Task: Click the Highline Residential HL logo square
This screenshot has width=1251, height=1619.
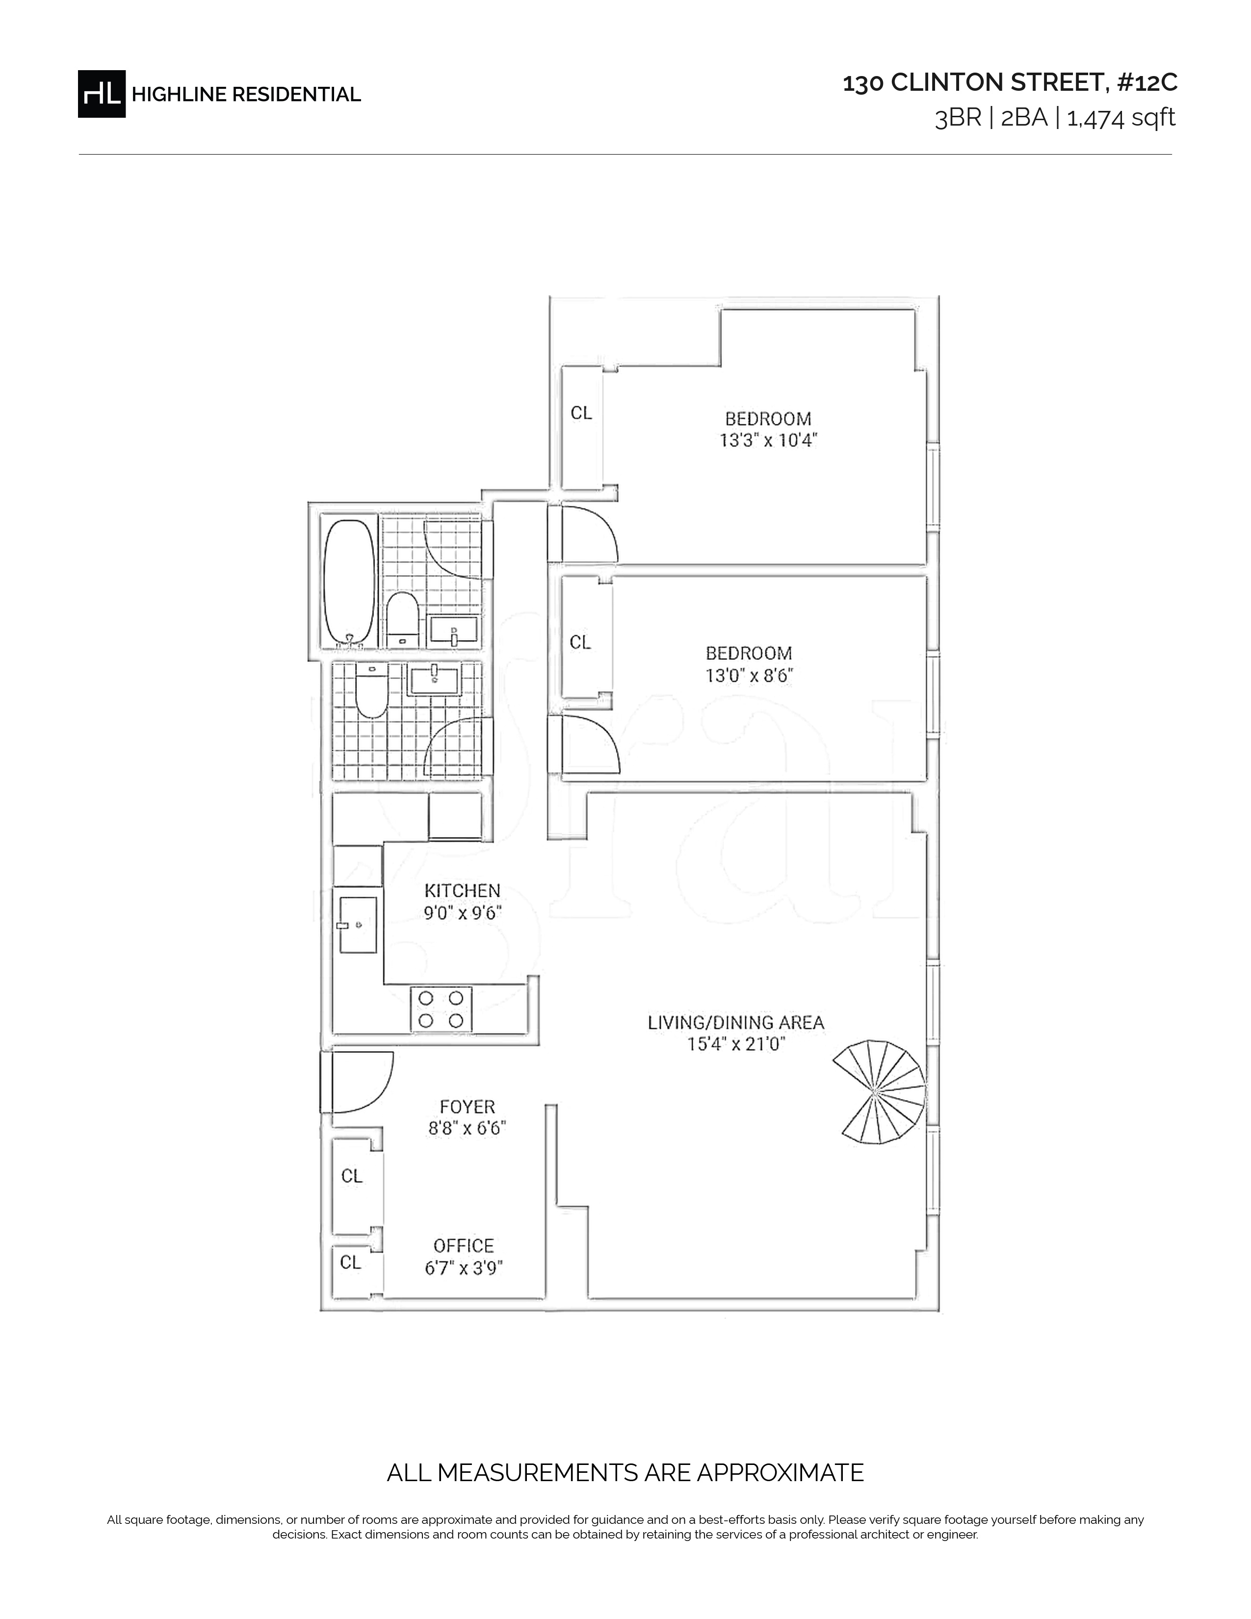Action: pos(102,94)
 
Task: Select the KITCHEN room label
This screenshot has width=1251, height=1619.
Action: pos(463,890)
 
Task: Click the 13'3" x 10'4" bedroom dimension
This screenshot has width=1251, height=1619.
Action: pos(769,441)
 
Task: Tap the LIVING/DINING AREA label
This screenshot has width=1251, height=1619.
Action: pos(736,1023)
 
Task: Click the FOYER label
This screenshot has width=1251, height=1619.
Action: pos(467,1107)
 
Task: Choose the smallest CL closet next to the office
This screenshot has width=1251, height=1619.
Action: pos(351,1262)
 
